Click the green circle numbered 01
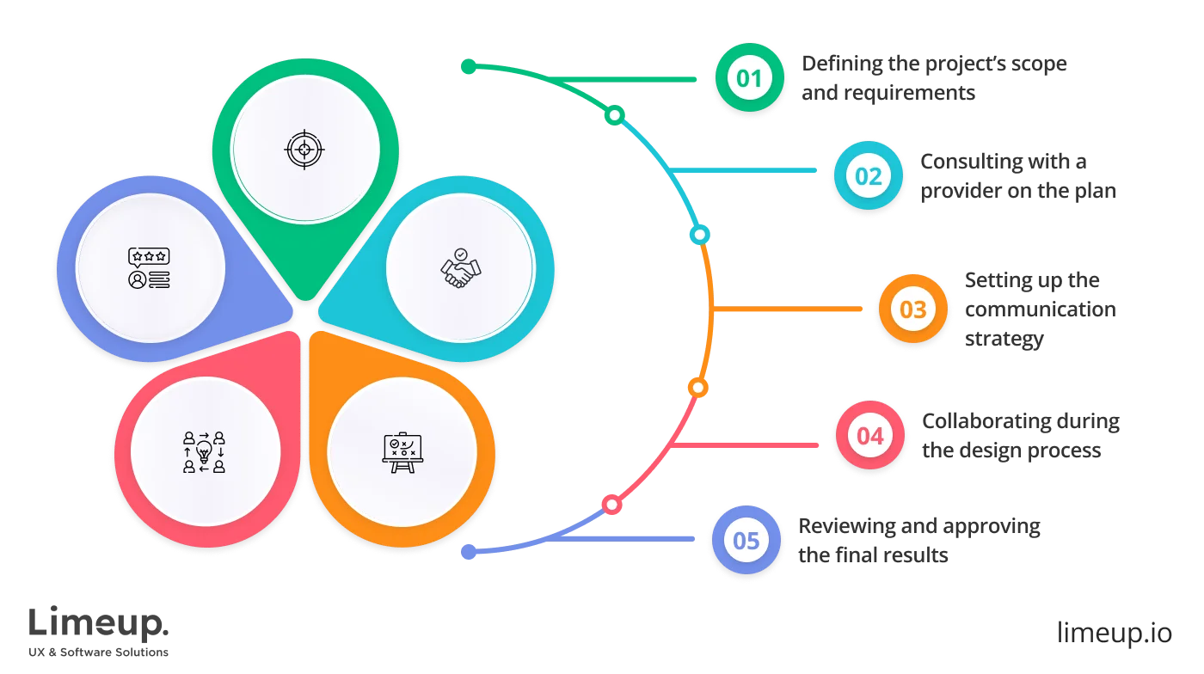[748, 79]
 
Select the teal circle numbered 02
[868, 176]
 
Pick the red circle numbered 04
[869, 436]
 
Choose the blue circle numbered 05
[746, 541]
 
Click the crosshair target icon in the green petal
[304, 150]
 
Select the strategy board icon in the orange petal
[402, 451]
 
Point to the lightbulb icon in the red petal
[204, 451]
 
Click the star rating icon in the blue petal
[149, 267]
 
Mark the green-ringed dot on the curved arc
[615, 115]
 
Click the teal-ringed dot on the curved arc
[700, 234]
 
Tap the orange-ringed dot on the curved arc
[697, 388]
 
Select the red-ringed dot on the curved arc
[611, 505]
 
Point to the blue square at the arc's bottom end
[469, 553]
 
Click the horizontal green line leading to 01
[636, 80]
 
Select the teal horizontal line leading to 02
[748, 173]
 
